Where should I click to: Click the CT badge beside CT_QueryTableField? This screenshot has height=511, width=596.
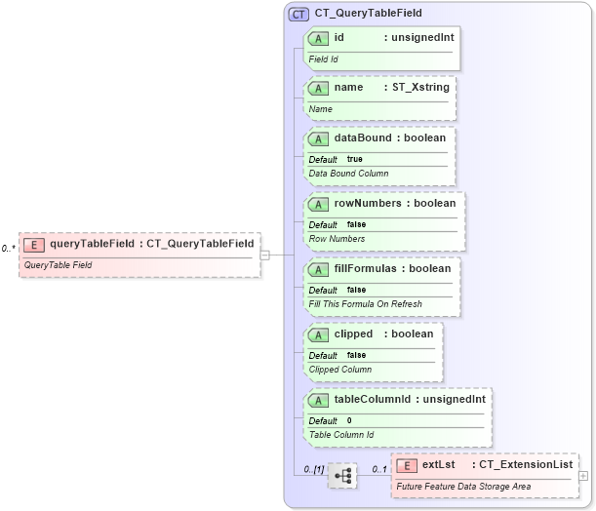click(x=298, y=15)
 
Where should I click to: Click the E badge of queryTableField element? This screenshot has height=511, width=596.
click(x=34, y=243)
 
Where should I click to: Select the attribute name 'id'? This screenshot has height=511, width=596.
click(x=338, y=38)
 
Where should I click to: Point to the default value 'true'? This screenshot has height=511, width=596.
click(x=354, y=159)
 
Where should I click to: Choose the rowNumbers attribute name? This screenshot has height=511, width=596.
click(x=370, y=204)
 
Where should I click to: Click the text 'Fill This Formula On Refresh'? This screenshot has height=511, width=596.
click(x=365, y=303)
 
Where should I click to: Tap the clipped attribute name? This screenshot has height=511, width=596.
click(x=353, y=334)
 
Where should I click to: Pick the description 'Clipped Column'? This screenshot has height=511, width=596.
click(x=339, y=370)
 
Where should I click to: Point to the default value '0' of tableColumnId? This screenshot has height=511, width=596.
click(x=349, y=420)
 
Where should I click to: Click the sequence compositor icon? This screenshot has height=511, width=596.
click(x=342, y=477)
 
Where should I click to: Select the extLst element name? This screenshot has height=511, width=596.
click(x=439, y=464)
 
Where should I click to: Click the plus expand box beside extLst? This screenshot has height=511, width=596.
click(x=583, y=476)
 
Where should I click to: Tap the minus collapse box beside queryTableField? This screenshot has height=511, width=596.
click(x=264, y=255)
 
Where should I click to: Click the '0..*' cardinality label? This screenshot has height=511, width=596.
click(x=8, y=249)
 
